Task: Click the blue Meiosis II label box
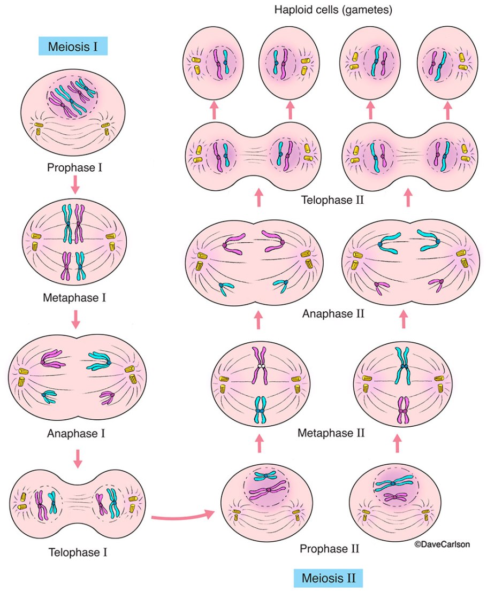(x=329, y=578)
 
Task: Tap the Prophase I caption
(x=74, y=168)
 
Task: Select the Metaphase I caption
(x=74, y=297)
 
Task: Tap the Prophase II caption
(x=329, y=549)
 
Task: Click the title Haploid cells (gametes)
(x=333, y=10)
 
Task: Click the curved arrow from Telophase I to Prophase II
(x=182, y=516)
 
